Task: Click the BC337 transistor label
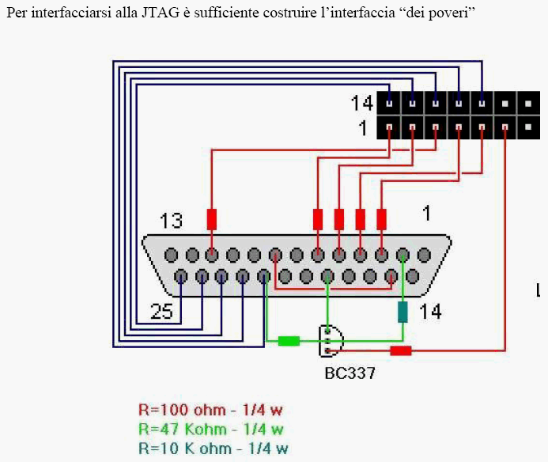[x=350, y=373]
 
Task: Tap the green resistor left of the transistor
[x=289, y=341]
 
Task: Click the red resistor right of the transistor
[x=401, y=350]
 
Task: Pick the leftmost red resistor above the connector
[x=212, y=218]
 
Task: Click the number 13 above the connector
[x=172, y=221]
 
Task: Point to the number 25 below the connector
[x=161, y=312]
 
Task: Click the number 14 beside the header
[x=362, y=103]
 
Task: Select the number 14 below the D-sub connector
[x=430, y=312]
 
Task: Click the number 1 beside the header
[x=364, y=127]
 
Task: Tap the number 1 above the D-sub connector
[x=426, y=213]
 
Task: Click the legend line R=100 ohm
[x=210, y=410]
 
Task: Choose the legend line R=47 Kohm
[x=210, y=430]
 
